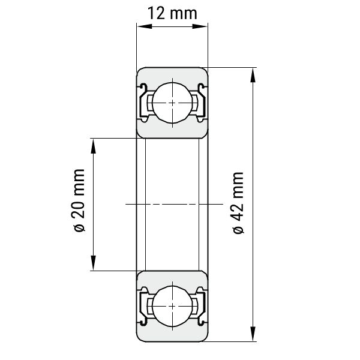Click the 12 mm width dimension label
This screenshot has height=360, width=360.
[x=172, y=13]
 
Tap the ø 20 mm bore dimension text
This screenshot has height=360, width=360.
[x=79, y=200]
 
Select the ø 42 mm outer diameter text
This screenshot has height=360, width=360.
[x=238, y=203]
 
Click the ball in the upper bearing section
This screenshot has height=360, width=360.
[x=172, y=103]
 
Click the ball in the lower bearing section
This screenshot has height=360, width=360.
[x=172, y=306]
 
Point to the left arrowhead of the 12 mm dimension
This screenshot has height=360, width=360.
[x=145, y=26]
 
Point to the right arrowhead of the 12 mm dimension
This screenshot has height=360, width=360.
[x=200, y=26]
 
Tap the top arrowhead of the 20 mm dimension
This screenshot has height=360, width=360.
[x=93, y=146]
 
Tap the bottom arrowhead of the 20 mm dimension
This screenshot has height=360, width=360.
[x=93, y=263]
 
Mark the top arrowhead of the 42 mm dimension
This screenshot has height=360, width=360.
[x=253, y=76]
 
